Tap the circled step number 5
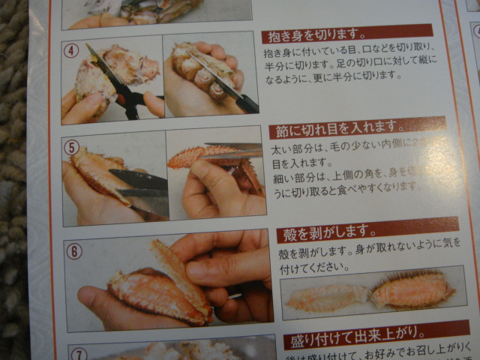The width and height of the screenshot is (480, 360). [72, 147]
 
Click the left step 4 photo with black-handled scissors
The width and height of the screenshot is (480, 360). [112, 79]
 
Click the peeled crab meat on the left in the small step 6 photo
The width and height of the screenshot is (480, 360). [326, 297]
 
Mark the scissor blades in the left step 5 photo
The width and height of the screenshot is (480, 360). [139, 184]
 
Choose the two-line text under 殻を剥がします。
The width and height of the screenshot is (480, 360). [360, 259]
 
